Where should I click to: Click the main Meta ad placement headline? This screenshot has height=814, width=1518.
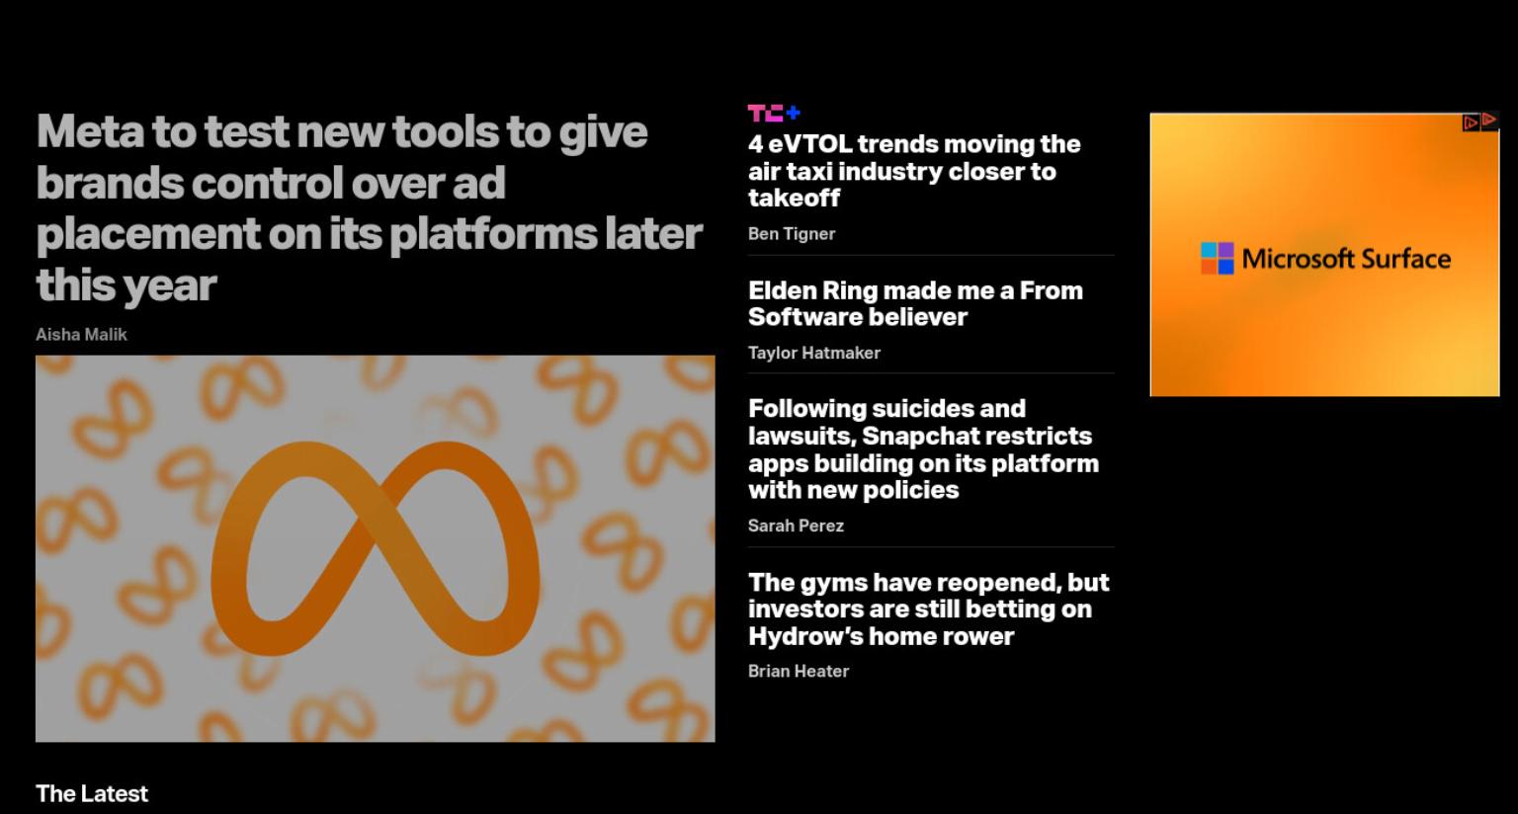click(x=370, y=208)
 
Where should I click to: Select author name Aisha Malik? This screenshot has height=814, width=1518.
click(x=81, y=335)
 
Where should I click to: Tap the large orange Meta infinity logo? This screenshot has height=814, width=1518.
click(x=376, y=548)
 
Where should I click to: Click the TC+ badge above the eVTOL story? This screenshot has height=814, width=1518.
click(x=774, y=113)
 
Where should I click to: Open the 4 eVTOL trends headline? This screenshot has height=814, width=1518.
click(x=914, y=171)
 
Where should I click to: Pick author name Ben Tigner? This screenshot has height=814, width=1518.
click(x=792, y=234)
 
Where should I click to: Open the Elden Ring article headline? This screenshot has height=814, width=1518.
click(x=915, y=303)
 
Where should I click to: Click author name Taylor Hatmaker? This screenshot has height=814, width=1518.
click(x=814, y=353)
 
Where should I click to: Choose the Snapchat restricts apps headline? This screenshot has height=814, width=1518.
click(x=924, y=449)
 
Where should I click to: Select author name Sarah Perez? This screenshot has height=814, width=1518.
click(x=796, y=526)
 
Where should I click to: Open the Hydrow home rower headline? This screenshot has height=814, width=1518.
click(x=928, y=609)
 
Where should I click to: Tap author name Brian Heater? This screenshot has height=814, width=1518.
click(x=799, y=671)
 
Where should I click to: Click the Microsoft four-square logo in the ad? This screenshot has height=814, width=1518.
click(x=1218, y=258)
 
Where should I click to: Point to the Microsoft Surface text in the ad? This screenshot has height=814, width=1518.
click(x=1347, y=259)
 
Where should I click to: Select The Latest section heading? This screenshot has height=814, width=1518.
click(x=92, y=793)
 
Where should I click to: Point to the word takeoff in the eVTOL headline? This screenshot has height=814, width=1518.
click(x=794, y=199)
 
